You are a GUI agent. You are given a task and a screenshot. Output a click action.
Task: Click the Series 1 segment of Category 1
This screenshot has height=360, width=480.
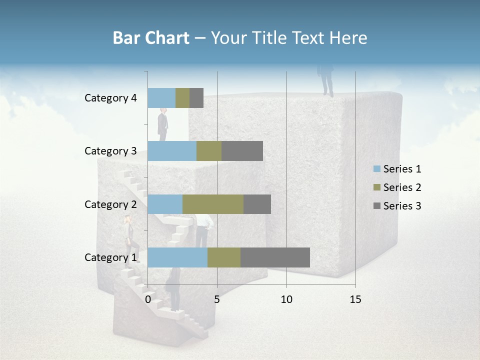(x=177, y=257)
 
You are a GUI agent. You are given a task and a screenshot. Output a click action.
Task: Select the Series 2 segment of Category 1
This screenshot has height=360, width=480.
(x=224, y=257)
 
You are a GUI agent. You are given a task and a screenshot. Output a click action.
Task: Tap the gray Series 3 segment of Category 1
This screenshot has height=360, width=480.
(x=275, y=257)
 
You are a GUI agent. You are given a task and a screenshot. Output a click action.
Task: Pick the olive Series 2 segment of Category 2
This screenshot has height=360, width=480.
(x=213, y=204)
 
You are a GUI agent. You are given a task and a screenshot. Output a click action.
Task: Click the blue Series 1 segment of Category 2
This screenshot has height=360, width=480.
(x=165, y=204)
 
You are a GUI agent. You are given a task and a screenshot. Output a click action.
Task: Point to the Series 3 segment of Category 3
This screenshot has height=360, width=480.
(x=242, y=151)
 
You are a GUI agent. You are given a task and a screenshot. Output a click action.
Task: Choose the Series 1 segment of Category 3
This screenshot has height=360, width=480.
(x=172, y=151)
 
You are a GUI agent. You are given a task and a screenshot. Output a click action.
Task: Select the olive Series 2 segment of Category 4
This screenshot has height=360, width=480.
(x=182, y=98)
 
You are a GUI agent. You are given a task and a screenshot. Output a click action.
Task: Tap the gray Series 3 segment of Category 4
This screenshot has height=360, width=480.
(x=196, y=98)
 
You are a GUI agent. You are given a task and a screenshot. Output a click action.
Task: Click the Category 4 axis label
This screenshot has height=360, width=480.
(x=110, y=98)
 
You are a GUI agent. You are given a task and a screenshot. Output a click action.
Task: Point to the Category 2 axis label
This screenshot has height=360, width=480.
(x=110, y=204)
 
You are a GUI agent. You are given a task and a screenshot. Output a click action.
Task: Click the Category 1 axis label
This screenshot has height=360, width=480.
(x=110, y=257)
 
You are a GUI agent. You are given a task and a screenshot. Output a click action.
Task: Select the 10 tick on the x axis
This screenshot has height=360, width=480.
(x=286, y=299)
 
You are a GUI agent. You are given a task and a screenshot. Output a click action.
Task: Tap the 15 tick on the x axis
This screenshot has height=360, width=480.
(x=355, y=299)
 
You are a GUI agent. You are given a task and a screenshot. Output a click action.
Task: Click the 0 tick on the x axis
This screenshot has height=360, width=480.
(x=148, y=299)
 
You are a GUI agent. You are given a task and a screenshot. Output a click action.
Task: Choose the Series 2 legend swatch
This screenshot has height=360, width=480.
(x=377, y=187)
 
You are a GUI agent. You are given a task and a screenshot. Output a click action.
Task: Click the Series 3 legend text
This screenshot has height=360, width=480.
(x=402, y=206)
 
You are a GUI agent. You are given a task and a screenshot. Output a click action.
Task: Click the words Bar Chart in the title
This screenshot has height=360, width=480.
(x=151, y=38)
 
